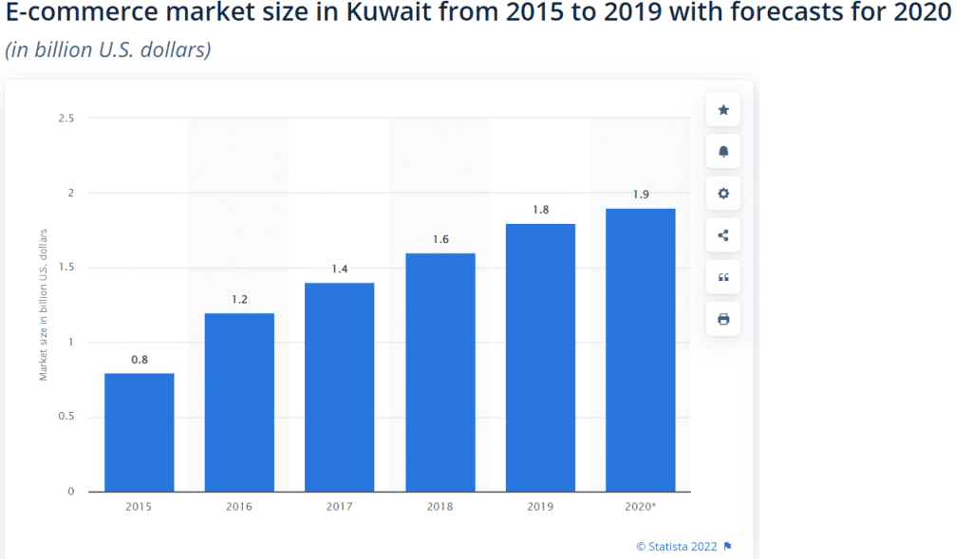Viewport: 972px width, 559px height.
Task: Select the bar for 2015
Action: pos(139,433)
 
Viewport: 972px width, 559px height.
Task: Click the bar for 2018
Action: pos(440,372)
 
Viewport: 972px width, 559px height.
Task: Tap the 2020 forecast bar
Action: pos(641,350)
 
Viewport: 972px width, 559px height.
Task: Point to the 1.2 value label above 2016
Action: pos(239,299)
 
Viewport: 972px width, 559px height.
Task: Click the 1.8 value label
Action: pos(540,210)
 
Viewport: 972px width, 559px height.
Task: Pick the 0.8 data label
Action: pos(140,360)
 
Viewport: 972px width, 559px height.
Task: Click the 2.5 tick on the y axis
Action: pos(66,118)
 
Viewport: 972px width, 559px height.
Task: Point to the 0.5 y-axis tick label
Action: pos(66,416)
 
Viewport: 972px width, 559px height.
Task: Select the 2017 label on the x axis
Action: pos(339,506)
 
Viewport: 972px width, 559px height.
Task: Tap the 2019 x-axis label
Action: pos(540,506)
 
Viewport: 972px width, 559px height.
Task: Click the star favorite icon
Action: pos(723,110)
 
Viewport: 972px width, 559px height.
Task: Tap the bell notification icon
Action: pos(723,152)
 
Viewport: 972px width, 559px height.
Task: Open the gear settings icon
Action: pos(723,194)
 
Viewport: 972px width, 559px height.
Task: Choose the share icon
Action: pos(722,235)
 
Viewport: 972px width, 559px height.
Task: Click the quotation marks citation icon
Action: pos(723,277)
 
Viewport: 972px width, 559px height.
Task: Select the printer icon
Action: pos(723,319)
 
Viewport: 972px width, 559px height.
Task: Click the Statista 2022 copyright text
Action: pos(676,547)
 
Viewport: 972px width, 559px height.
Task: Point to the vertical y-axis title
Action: pos(43,305)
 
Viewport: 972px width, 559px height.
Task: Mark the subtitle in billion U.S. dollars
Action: pos(108,49)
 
